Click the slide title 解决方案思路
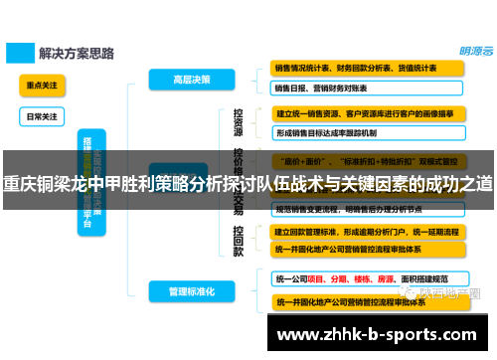coord(75,50)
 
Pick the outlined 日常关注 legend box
coord(42,115)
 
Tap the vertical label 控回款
coord(239,239)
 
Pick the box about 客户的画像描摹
coord(369,113)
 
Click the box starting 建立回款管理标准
coord(369,231)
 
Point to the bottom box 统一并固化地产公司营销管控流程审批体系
coord(369,300)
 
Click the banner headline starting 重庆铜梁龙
coord(248,183)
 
